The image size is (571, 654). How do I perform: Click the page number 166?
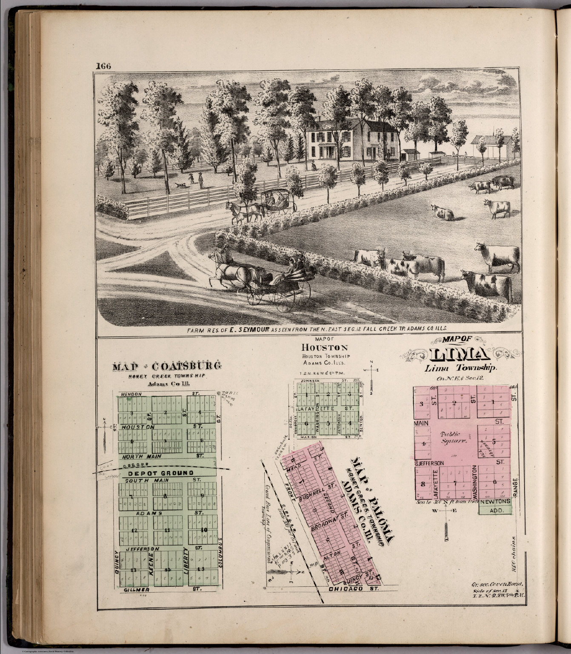coord(103,66)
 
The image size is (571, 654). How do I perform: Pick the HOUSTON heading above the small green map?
coord(324,347)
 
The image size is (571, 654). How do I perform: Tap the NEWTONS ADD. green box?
coord(495,506)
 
